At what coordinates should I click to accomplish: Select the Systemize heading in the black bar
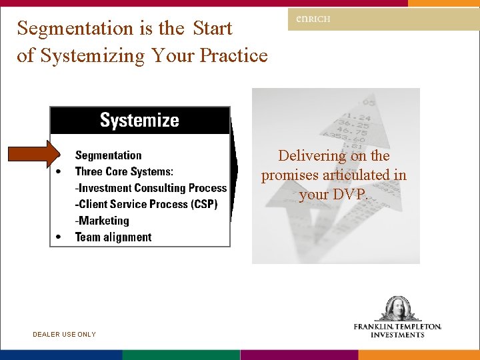(139, 121)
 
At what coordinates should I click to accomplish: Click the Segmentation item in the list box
(108, 155)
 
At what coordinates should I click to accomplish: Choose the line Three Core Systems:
(124, 172)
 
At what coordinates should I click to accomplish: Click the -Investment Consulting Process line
(151, 188)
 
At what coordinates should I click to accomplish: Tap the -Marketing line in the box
(102, 221)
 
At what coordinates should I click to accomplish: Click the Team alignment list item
(113, 237)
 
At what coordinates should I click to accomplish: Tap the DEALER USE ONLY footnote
(64, 335)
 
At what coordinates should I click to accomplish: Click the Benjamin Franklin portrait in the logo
(398, 309)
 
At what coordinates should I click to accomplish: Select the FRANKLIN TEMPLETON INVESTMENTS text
(398, 331)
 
